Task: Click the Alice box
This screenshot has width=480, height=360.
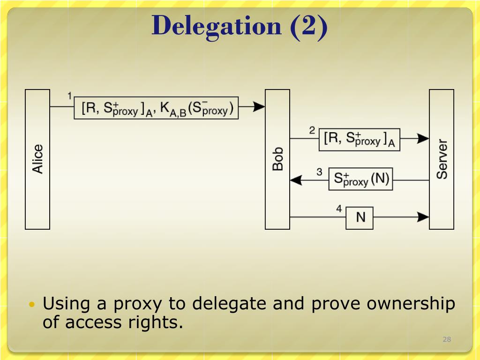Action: tap(37, 159)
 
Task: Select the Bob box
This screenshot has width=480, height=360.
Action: tap(277, 159)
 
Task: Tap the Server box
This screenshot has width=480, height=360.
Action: tap(442, 159)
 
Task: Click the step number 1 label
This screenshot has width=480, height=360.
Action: tap(70, 96)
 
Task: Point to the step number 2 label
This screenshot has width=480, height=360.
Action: tap(312, 130)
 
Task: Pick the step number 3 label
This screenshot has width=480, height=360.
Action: tap(319, 172)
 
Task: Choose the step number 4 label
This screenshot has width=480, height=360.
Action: tap(339, 209)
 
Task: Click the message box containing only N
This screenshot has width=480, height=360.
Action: tap(360, 218)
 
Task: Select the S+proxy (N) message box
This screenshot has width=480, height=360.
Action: tap(360, 179)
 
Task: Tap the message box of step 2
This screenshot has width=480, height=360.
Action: tap(360, 140)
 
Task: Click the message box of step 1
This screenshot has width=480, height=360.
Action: tap(156, 108)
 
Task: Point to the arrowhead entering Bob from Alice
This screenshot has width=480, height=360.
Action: tap(259, 107)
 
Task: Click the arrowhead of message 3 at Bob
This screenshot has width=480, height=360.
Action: tap(296, 180)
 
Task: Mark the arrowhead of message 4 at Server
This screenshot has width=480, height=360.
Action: tap(423, 217)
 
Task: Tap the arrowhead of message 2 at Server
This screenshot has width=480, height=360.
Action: tap(423, 138)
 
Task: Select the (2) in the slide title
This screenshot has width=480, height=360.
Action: tap(309, 27)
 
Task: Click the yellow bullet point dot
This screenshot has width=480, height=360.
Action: tap(32, 304)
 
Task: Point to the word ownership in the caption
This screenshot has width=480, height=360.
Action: tap(411, 304)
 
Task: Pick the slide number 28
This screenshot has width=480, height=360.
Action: tap(447, 339)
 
